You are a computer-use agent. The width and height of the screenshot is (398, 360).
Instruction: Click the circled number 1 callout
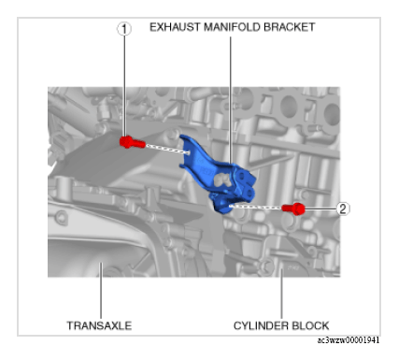124,29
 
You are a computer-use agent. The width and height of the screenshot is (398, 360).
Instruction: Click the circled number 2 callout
343,209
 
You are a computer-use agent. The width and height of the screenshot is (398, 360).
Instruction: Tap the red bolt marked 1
132,142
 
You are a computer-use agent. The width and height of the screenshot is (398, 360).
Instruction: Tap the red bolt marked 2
293,209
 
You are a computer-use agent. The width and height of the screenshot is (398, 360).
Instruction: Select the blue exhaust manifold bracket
218,175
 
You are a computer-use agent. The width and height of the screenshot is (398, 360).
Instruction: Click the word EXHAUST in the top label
175,27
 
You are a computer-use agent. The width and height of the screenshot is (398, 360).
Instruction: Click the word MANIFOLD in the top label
232,27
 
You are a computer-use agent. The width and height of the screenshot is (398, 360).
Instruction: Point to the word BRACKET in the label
290,27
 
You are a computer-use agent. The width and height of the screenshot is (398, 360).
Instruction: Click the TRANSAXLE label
99,325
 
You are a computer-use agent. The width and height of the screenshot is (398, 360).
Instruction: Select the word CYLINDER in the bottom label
260,325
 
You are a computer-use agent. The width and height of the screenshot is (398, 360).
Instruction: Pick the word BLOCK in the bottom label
309,325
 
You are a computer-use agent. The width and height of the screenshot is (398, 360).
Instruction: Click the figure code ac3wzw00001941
348,340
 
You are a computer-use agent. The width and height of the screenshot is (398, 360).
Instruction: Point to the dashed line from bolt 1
167,149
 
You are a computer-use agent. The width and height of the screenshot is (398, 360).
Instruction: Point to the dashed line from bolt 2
255,207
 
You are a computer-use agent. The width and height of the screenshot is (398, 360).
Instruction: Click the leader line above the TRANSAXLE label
101,291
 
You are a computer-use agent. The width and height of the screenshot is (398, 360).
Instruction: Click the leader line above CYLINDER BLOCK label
281,294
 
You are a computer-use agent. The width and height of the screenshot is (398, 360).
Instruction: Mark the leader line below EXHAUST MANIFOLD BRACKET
231,100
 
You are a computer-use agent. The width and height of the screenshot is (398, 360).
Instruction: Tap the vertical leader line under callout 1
124,86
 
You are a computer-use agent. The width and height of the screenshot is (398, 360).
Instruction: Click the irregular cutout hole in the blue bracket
223,180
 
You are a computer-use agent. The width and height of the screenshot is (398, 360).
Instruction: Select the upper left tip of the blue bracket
181,136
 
